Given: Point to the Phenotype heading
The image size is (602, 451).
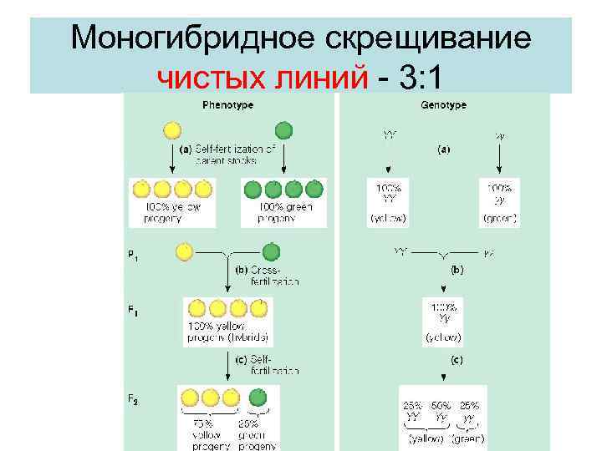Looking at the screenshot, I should point(227,105).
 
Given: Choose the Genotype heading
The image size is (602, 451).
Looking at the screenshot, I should point(443,105).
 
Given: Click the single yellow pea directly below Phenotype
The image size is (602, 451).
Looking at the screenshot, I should point(171,130).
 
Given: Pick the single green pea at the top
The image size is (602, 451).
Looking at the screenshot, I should point(284,130).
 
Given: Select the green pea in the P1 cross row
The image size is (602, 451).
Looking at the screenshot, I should point(270,251).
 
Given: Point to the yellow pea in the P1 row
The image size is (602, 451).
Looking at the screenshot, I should point(185,251).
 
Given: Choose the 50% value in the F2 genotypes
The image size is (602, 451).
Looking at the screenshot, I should point(440,405).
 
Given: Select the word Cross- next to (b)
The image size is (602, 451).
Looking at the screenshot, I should point(267,271).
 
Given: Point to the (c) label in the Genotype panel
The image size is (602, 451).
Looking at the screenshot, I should point(457,362).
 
